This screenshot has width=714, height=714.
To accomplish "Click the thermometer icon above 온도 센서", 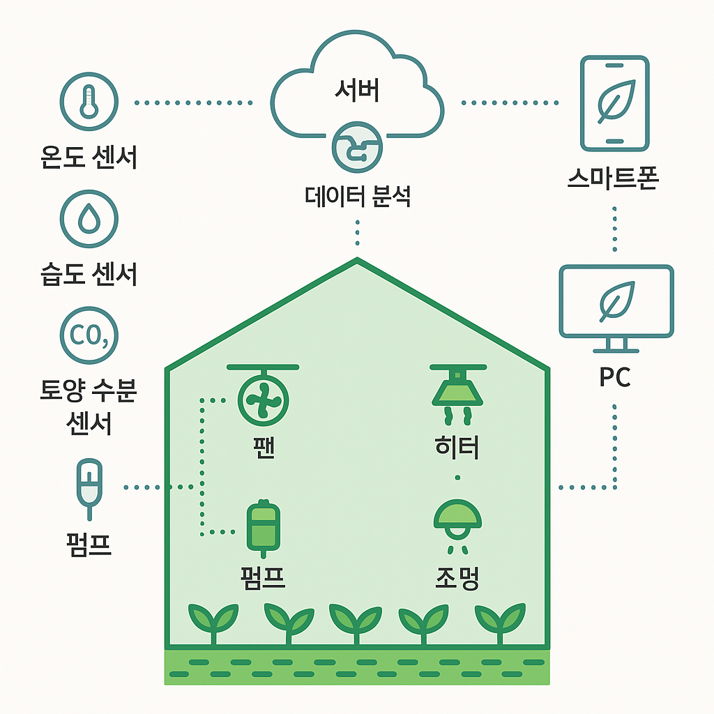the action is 89,102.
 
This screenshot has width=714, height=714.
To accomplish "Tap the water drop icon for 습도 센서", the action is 89,219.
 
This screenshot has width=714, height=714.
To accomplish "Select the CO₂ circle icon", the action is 89,335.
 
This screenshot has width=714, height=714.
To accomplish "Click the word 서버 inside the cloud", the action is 356,90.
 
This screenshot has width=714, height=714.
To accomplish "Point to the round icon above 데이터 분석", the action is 357,147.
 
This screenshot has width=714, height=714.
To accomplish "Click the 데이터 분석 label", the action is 358,197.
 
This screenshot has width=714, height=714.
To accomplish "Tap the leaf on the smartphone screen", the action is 616,100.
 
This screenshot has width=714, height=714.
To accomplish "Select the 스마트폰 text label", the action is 613,178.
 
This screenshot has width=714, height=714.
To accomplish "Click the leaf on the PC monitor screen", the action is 617,301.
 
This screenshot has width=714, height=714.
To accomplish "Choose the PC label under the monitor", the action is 615,377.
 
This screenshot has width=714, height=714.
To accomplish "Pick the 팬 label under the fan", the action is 264,448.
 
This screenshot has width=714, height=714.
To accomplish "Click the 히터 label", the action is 457,447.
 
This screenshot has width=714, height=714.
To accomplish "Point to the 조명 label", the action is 457,578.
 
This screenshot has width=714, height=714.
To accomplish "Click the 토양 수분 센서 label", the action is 89,407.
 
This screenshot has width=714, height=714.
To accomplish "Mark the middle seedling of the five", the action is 356,623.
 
